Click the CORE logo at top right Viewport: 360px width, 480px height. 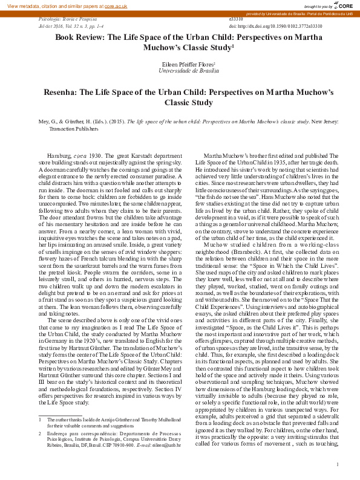[342, 5]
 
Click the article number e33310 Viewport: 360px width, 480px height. [237, 20]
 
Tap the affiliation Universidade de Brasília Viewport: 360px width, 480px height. [180, 70]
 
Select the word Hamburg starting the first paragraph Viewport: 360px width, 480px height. [59, 156]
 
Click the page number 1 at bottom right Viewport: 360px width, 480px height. [336, 464]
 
